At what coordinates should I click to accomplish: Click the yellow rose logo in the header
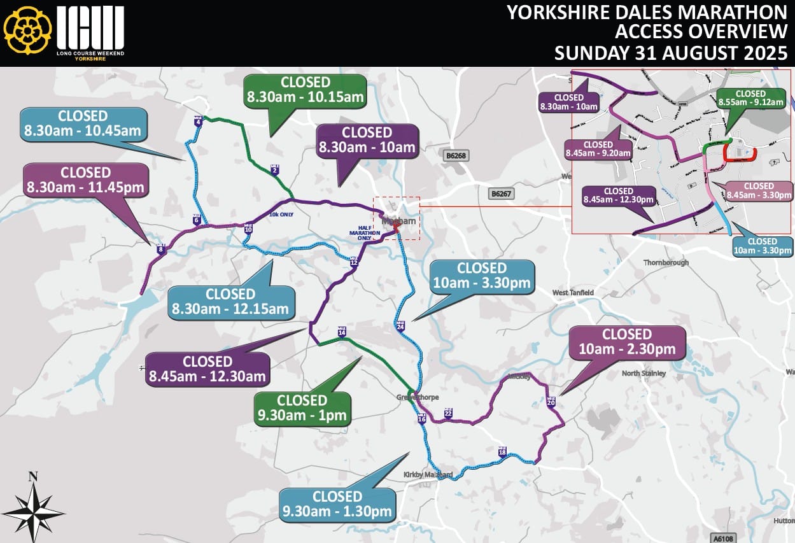[x=27, y=31]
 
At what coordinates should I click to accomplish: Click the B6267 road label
[x=501, y=193]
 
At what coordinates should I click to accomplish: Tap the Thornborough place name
[x=666, y=262]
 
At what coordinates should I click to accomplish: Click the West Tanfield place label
[x=573, y=292]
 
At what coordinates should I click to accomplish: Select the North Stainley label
[x=644, y=373]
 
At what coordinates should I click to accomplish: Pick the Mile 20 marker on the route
[x=551, y=402]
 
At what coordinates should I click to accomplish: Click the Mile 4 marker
[x=198, y=122]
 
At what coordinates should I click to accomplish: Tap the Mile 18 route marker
[x=502, y=451]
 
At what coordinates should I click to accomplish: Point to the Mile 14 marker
[x=342, y=332]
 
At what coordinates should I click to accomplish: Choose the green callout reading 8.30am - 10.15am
[x=306, y=90]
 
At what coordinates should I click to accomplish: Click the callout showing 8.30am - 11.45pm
[x=85, y=180]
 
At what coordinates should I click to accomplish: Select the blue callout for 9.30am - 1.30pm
[x=337, y=504]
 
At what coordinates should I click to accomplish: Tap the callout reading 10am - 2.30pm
[x=626, y=342]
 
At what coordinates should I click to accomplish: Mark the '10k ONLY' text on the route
[x=281, y=215]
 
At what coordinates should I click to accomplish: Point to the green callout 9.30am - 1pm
[x=302, y=408]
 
